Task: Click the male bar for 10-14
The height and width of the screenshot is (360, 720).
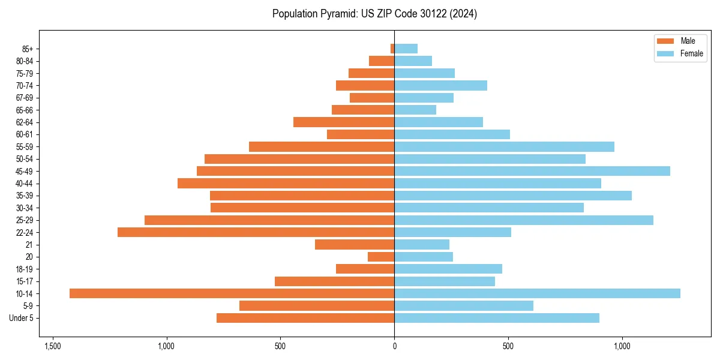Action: pos(232,293)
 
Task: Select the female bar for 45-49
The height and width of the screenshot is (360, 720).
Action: pos(532,171)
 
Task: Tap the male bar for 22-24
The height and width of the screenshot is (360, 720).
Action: pos(256,232)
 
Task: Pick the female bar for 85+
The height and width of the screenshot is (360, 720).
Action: pos(406,49)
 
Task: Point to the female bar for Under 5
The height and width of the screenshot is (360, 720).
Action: pos(497,318)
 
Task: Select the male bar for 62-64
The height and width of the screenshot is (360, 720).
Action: pos(344,122)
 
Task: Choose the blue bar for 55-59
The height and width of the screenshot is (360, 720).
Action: pos(504,147)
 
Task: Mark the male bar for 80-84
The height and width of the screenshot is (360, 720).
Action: pos(382,61)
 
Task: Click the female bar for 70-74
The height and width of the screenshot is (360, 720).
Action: pos(440,85)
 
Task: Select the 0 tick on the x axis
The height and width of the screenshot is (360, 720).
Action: pos(394,347)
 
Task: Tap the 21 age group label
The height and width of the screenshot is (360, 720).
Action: pos(29,245)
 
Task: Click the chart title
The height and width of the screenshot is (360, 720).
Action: pos(374,14)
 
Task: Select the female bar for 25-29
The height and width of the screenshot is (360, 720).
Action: pos(523,220)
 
